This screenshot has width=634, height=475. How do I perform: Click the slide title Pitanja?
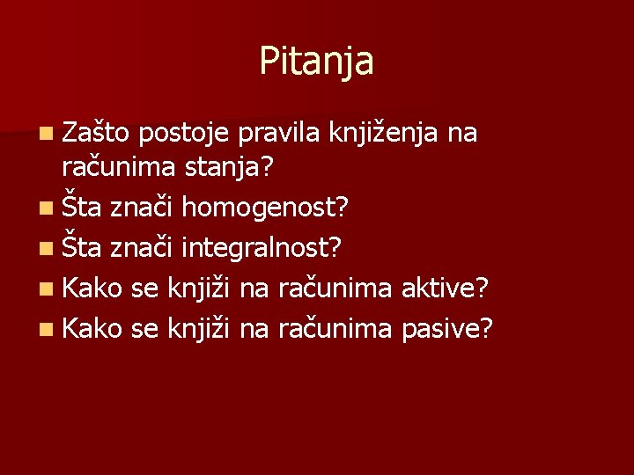[x=316, y=62]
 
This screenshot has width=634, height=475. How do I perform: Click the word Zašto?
[x=95, y=134]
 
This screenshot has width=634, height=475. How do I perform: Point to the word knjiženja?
[x=383, y=134]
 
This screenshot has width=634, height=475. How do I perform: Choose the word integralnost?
[x=262, y=248]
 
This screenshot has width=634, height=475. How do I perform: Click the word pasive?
[x=447, y=328]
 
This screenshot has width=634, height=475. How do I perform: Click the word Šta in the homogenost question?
[x=84, y=208]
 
